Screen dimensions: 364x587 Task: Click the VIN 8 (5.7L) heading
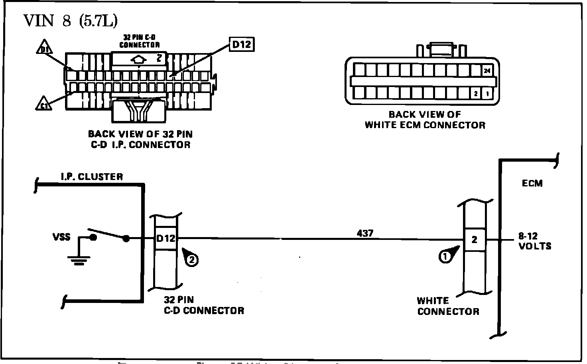pos(71,21)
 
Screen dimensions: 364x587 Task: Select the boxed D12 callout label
pos(242,44)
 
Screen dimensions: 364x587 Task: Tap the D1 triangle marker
pos(43,49)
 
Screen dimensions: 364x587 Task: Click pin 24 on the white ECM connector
pos(487,71)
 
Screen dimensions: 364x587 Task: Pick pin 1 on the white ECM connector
pos(487,94)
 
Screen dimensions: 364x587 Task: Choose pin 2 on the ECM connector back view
pos(475,94)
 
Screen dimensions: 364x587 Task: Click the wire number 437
pos(365,233)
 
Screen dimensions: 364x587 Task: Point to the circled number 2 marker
pos(191,260)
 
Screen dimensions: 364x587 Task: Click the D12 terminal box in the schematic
pos(165,239)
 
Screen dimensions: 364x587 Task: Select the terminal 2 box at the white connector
pos(474,240)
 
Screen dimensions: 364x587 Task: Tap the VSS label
pos(61,237)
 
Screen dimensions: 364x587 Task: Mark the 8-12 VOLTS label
pos(535,241)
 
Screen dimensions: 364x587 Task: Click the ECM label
pos(532,184)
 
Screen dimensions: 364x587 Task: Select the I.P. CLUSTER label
pos(92,176)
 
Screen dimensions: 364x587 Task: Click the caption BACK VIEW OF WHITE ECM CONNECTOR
pos(425,120)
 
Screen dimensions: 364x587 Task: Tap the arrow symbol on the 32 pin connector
pos(138,59)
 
